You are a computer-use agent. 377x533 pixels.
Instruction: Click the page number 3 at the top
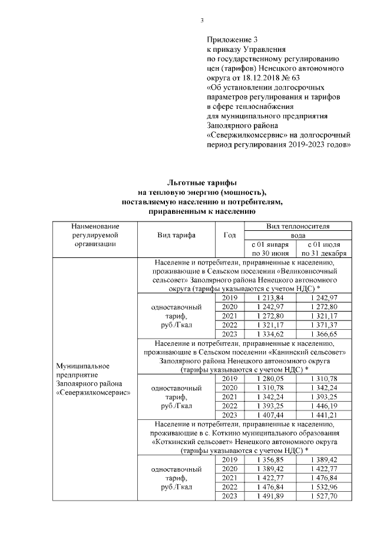[202, 21]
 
